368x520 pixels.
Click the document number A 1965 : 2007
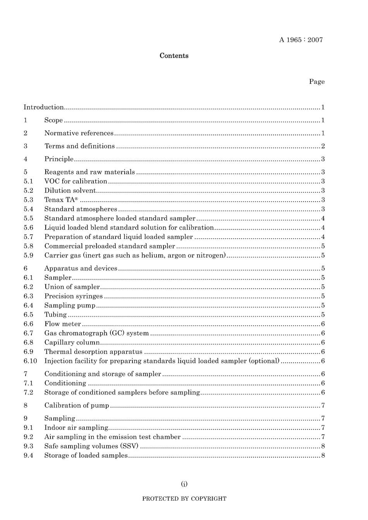tap(301, 40)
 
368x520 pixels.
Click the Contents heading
tap(174, 56)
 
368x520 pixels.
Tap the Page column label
tap(316, 82)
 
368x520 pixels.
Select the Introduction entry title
tap(43, 107)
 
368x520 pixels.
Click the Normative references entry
tap(79, 133)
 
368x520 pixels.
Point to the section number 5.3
tap(28, 200)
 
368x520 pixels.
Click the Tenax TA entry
tap(61, 200)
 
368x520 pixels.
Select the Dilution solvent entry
tap(70, 191)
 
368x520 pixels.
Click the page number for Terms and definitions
tap(323, 146)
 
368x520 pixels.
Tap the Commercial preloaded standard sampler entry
tap(110, 246)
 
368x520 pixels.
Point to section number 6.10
tap(30, 361)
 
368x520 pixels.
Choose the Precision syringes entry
tap(74, 296)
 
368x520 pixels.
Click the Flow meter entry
tap(62, 324)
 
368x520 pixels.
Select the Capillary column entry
tap(72, 343)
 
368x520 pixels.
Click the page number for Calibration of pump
tap(323, 406)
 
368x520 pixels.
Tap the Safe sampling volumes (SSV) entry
tap(91, 446)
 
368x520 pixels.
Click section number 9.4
tap(28, 455)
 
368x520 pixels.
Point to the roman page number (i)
tap(184, 484)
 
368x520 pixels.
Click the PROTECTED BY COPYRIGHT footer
tap(184, 499)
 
